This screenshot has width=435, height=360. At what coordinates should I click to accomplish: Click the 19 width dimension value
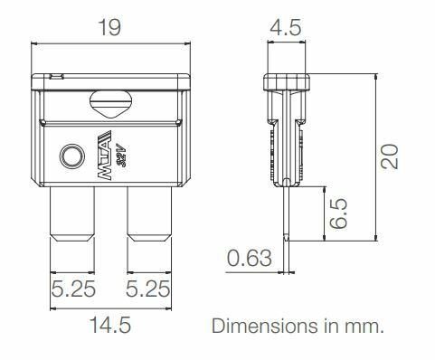pos(109,27)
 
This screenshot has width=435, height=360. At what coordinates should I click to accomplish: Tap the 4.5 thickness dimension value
pos(285,27)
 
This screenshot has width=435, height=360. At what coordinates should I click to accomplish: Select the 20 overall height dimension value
pos(389,156)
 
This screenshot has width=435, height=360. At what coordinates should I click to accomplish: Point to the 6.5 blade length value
pos(338,213)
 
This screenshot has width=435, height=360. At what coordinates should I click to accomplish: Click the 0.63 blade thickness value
pos(250,259)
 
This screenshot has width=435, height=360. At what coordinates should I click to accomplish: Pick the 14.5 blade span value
pos(110,325)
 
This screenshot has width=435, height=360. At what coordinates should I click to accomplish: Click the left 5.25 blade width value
pos(73,289)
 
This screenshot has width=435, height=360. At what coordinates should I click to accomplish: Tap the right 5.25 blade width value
pos(147,289)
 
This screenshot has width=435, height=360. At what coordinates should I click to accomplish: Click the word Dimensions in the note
pos(265,326)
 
